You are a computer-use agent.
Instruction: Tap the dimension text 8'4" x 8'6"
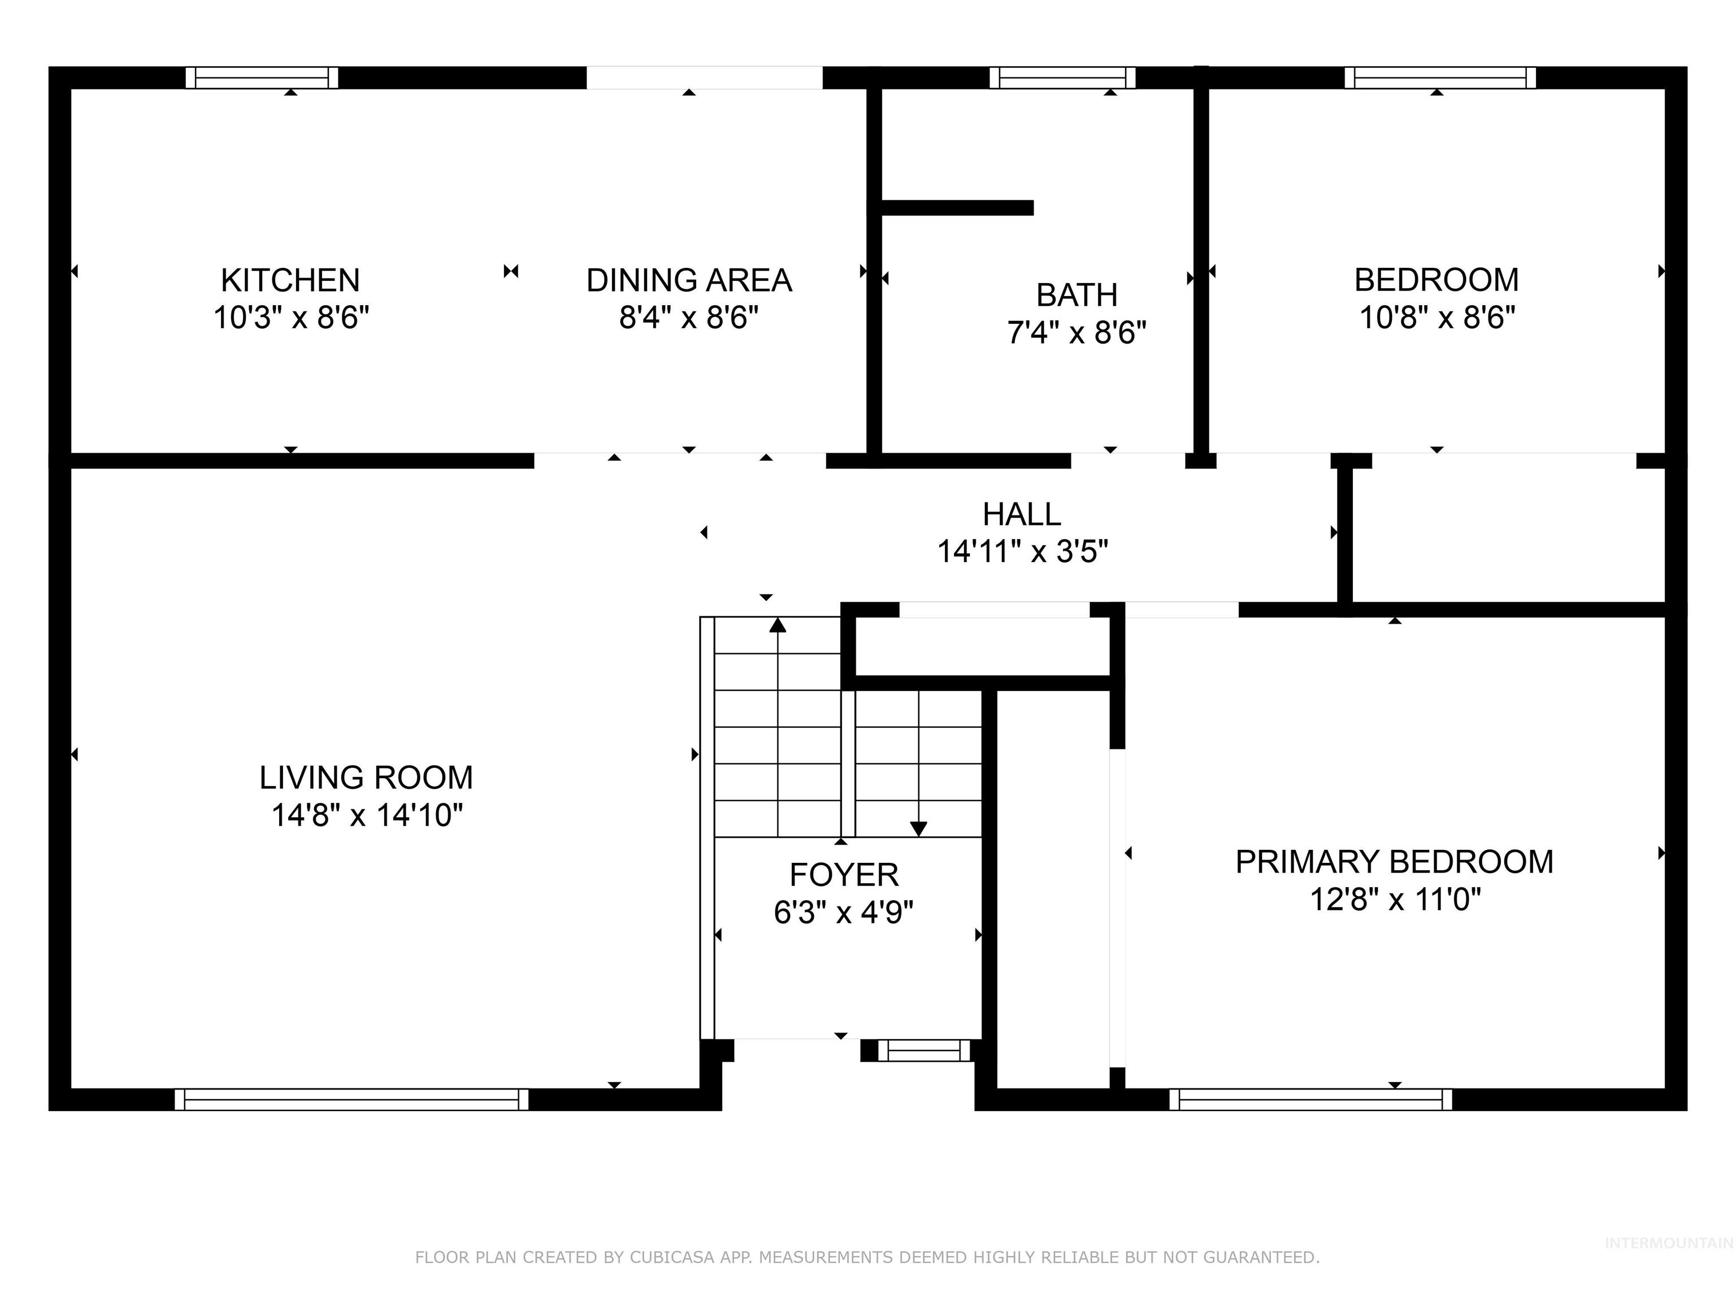coord(688,318)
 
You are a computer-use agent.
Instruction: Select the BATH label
coord(1076,295)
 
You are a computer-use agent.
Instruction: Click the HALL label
coord(1021,514)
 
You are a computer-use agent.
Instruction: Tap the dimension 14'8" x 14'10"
coord(367,815)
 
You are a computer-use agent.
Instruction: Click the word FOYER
coord(843,874)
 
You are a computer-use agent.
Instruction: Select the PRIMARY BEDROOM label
coord(1394,862)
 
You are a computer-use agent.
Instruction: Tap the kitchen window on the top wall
coord(262,77)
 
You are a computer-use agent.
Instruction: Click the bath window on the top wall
coord(1062,77)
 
